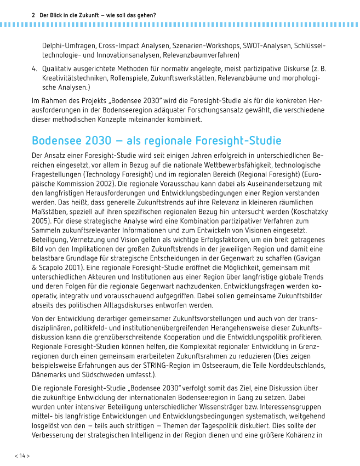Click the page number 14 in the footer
click(22, 456)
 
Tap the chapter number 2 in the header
click(34, 15)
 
